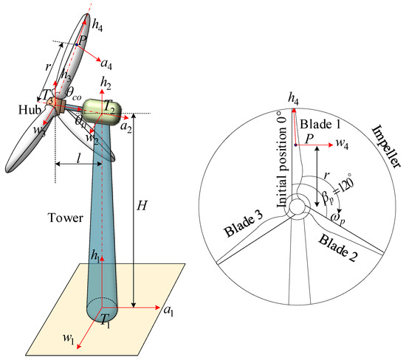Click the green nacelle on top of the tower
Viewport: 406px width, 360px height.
tap(102, 111)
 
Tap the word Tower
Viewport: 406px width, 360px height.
tap(66, 218)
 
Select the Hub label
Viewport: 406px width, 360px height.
tap(30, 110)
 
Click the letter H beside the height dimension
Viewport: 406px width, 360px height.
tap(142, 206)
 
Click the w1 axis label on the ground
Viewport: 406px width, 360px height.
tap(69, 339)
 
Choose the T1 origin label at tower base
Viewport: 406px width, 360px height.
tap(106, 321)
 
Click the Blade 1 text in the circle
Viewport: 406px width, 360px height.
tap(320, 125)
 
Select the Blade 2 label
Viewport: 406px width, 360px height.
tap(338, 248)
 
